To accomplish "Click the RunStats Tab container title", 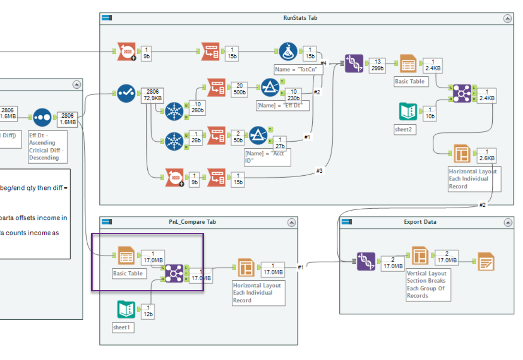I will (x=300, y=18).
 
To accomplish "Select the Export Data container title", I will (x=420, y=222).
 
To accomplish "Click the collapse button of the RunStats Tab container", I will (x=507, y=18).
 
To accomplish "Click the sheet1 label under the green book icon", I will (x=121, y=327).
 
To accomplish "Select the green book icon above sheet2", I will (x=408, y=111).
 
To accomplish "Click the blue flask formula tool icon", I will (x=288, y=51).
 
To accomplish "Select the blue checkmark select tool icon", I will (x=126, y=93).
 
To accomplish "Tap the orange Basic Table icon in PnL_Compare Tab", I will (x=126, y=257).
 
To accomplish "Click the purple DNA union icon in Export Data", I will (x=366, y=261).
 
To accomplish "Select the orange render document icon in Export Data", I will (x=486, y=261).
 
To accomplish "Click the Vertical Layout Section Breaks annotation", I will (x=428, y=284).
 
